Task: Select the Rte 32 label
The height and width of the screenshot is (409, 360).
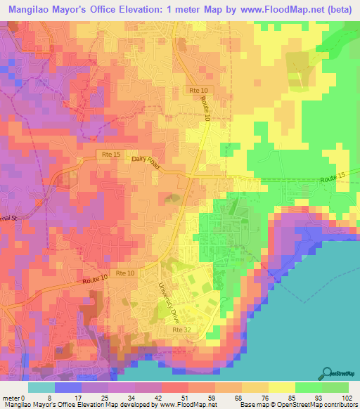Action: click(x=180, y=328)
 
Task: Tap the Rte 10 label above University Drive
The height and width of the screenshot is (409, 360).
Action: click(x=125, y=273)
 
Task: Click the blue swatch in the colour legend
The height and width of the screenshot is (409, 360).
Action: click(x=67, y=387)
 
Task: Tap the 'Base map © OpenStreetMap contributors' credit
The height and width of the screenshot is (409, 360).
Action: click(x=297, y=405)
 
